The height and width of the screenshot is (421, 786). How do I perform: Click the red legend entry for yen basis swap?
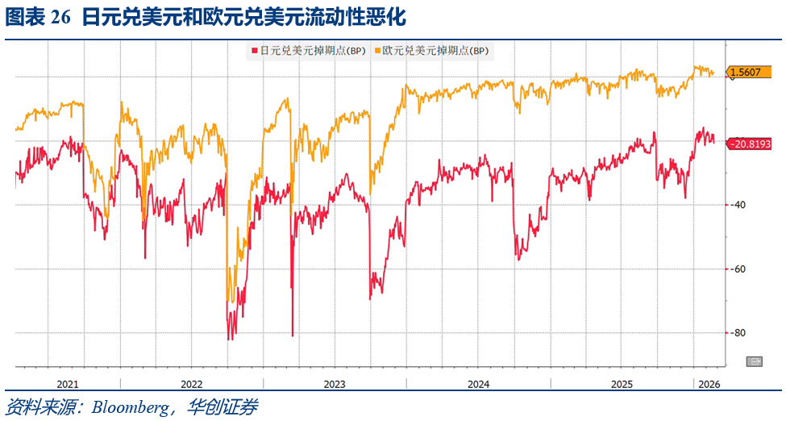point(308,50)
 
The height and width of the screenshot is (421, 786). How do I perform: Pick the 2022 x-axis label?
point(192,384)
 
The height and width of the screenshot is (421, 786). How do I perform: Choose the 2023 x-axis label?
point(335,384)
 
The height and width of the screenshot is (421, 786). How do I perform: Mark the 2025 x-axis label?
point(621,384)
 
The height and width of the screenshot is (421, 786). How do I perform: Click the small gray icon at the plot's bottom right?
point(755,361)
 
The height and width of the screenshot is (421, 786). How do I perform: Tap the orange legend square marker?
point(376,50)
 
